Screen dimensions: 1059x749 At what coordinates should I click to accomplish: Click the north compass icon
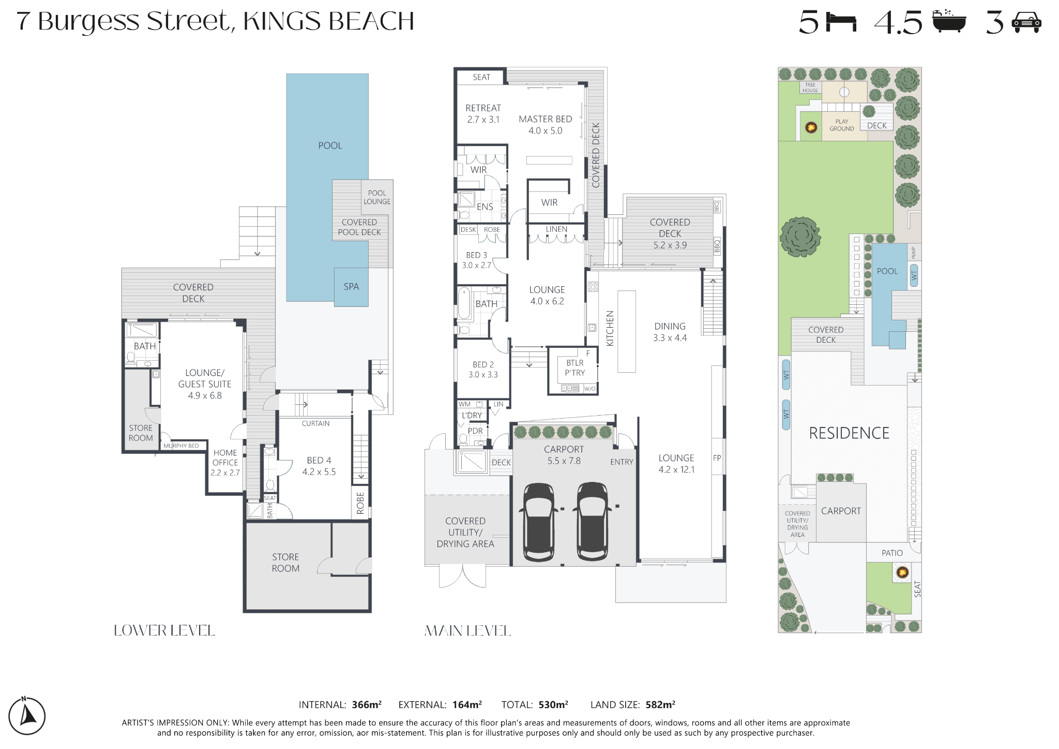click(27, 716)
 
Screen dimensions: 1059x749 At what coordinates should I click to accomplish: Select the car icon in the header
click(1026, 23)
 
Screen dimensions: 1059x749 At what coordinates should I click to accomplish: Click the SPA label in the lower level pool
click(351, 286)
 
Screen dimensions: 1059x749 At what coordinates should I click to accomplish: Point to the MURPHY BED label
click(181, 446)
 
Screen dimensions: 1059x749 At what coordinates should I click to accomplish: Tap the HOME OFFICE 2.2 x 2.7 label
click(225, 462)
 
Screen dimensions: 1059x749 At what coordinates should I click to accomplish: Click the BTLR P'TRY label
click(574, 368)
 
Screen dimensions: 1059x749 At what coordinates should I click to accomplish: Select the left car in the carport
click(539, 522)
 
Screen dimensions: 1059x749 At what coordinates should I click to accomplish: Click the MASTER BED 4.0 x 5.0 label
click(546, 125)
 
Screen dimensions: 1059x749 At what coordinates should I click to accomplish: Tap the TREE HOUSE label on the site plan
click(810, 87)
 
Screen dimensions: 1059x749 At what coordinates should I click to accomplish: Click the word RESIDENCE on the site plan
click(849, 433)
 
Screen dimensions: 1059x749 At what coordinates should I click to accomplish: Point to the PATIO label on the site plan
click(892, 553)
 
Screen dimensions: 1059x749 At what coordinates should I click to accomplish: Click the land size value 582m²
click(660, 704)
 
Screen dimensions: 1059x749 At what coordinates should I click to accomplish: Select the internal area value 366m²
click(367, 704)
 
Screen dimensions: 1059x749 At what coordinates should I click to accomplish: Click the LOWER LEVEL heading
click(164, 630)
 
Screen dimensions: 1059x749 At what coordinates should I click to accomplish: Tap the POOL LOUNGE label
click(377, 197)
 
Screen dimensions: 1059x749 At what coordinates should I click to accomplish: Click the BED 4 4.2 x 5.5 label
click(319, 466)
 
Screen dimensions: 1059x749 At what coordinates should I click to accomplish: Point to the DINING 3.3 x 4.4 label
click(670, 332)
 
